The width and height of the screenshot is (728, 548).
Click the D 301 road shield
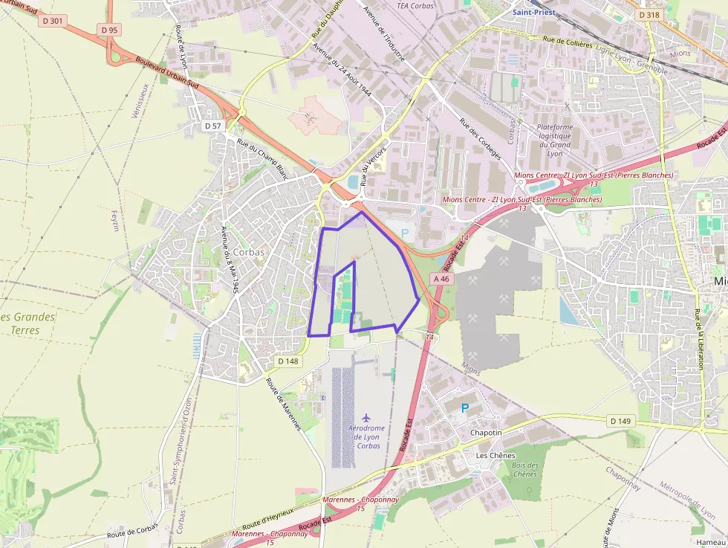pyautogui.click(x=53, y=21)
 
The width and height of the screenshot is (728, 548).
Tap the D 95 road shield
pyautogui.click(x=108, y=30)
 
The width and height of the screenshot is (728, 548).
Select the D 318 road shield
pyautogui.click(x=649, y=15)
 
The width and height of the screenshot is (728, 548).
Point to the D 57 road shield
pyautogui.click(x=213, y=126)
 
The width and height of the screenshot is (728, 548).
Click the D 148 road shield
pyautogui.click(x=288, y=361)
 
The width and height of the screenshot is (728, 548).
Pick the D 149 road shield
pyautogui.click(x=620, y=421)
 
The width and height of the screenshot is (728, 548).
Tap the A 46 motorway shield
pyautogui.click(x=441, y=279)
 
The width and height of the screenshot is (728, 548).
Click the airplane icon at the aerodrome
pyautogui.click(x=365, y=417)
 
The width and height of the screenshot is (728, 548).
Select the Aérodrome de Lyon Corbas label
pyautogui.click(x=364, y=436)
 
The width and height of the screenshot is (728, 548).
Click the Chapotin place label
pyautogui.click(x=487, y=433)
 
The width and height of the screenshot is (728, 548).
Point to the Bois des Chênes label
pyautogui.click(x=524, y=469)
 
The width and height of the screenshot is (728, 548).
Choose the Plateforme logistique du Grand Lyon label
pyautogui.click(x=554, y=141)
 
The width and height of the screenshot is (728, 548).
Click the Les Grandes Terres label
pyautogui.click(x=28, y=323)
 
